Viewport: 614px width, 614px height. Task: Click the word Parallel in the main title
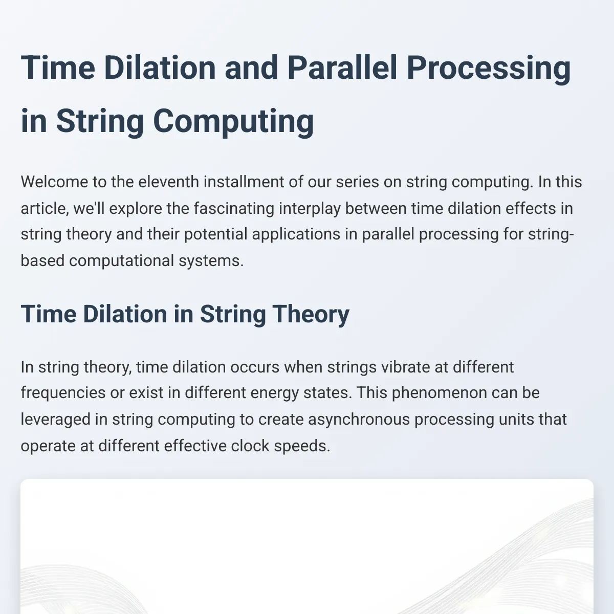(x=342, y=68)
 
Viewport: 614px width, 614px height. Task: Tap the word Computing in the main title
(x=233, y=122)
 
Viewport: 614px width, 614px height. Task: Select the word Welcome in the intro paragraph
(x=54, y=182)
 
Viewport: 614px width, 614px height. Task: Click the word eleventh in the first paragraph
(x=168, y=182)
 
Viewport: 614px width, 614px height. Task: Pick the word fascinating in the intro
(x=234, y=209)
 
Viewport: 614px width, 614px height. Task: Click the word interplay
(x=310, y=209)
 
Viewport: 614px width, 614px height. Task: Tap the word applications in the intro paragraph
(x=296, y=234)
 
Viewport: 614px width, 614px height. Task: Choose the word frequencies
(x=63, y=392)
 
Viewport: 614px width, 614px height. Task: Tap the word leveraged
(x=56, y=420)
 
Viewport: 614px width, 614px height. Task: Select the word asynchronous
(x=359, y=420)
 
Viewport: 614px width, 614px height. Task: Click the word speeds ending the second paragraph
(x=302, y=446)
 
